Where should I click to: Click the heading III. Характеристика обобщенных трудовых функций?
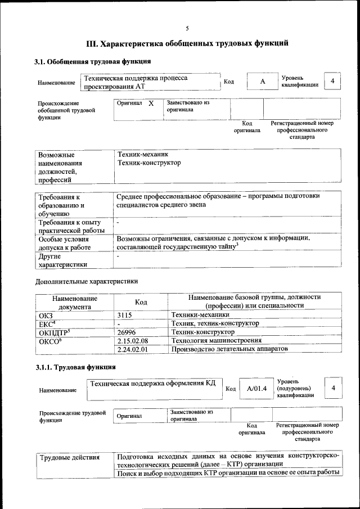click(x=187, y=43)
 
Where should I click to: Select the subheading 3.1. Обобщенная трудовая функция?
click(x=92, y=61)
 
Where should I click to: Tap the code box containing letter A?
click(x=262, y=82)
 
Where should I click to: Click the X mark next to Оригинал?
click(x=151, y=104)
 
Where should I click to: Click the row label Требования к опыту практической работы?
click(x=71, y=226)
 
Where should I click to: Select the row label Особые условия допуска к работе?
click(x=64, y=242)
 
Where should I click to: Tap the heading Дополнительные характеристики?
click(x=87, y=281)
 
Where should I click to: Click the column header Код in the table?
click(x=141, y=302)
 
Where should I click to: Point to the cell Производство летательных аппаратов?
click(x=230, y=349)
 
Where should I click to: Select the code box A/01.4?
click(x=256, y=389)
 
